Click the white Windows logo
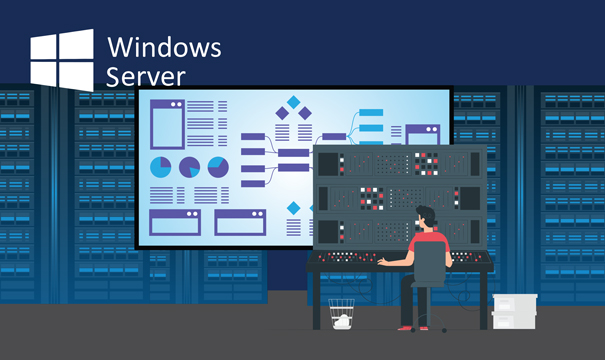click(62, 60)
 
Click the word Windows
click(164, 47)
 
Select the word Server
click(145, 76)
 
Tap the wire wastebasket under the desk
click(341, 314)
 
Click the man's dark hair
click(426, 215)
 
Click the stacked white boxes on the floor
click(514, 311)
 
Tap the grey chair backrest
click(429, 261)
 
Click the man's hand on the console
click(383, 262)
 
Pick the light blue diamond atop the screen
click(294, 102)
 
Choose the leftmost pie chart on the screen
click(160, 167)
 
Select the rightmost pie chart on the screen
click(218, 167)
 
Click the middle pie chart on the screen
click(189, 167)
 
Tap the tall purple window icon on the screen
click(167, 124)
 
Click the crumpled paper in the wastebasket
click(342, 321)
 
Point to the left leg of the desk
click(316, 301)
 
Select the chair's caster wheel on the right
click(444, 330)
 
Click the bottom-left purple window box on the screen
click(175, 222)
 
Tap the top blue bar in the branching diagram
click(371, 112)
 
